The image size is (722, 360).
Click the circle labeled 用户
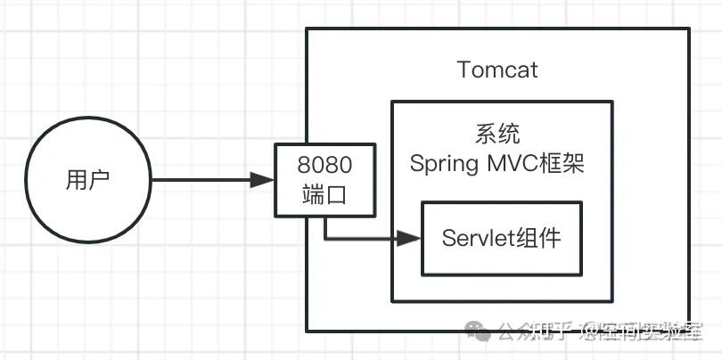[87, 180]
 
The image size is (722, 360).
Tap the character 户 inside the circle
[99, 180]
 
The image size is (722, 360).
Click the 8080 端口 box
[325, 181]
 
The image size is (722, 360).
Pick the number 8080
[325, 166]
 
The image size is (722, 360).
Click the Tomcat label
[497, 70]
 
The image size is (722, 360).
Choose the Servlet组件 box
[501, 238]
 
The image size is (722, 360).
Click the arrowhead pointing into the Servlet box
[410, 238]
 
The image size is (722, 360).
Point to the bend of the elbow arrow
[325, 238]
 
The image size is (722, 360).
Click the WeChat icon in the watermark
[481, 332]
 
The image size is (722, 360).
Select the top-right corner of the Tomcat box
[689, 29]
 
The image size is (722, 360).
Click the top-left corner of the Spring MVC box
[392, 102]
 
